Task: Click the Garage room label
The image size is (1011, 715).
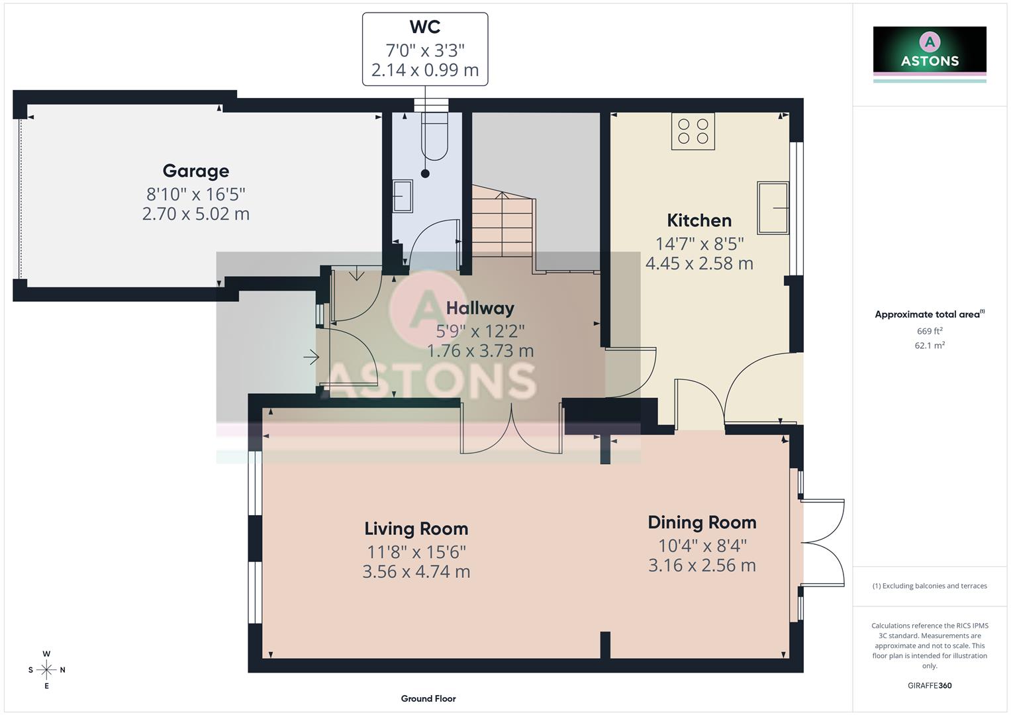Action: (x=196, y=171)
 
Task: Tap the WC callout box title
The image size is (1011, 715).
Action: (x=424, y=27)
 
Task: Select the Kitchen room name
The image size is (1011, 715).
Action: (x=699, y=220)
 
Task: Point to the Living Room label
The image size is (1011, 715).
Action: (x=416, y=529)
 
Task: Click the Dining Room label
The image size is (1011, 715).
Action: (x=702, y=522)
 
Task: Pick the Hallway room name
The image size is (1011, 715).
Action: (x=480, y=308)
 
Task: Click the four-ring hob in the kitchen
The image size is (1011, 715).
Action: (x=693, y=131)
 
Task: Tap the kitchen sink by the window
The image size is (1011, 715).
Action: (x=773, y=208)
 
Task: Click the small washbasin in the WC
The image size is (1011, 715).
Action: (x=402, y=196)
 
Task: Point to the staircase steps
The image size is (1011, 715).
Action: (x=503, y=222)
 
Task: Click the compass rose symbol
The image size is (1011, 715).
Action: (x=46, y=670)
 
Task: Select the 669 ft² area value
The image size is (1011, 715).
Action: (x=930, y=331)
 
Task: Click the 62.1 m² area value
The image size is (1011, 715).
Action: (x=930, y=345)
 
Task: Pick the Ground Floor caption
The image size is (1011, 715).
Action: (x=428, y=698)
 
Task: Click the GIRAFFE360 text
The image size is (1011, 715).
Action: (x=930, y=685)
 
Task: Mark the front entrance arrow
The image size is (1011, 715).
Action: (x=311, y=358)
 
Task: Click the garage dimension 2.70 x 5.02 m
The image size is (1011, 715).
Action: (x=196, y=214)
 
